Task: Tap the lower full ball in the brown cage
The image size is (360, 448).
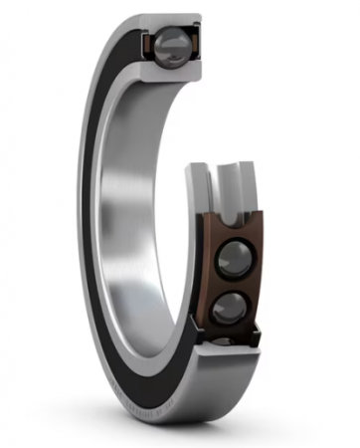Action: click(231, 306)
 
